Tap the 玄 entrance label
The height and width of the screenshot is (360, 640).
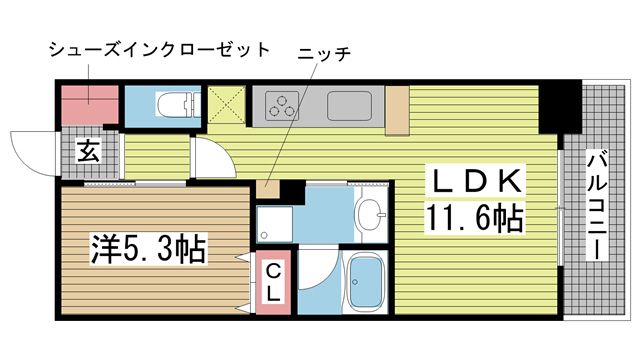[88, 152]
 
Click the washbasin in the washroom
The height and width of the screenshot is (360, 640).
[372, 213]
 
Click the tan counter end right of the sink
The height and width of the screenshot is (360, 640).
[397, 111]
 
